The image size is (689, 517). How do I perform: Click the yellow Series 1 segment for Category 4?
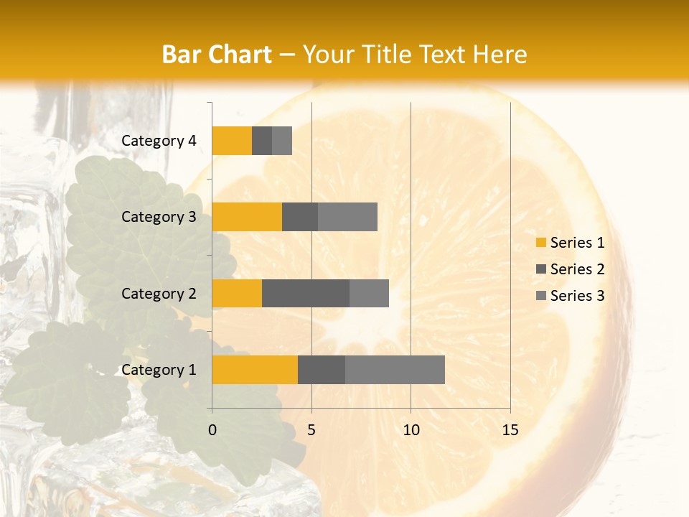coord(232,141)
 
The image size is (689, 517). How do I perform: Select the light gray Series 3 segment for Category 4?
coord(282,141)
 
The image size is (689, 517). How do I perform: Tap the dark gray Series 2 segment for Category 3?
coord(300,217)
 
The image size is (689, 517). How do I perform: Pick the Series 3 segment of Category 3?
coord(347,217)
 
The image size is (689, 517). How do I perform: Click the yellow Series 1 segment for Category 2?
coord(237,293)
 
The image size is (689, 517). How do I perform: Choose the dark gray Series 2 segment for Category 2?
coord(306,293)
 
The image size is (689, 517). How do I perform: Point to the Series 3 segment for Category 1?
coord(395,370)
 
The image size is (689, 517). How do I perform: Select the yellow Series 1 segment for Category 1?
coord(255,370)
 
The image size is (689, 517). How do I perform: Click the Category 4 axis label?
coord(159,141)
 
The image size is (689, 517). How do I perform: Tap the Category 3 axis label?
coord(159,217)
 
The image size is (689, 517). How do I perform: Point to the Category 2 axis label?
coord(159,293)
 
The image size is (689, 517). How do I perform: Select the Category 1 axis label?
coord(159,370)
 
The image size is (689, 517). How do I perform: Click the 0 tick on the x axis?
coord(212,430)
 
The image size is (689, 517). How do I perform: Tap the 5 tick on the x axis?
coord(311,430)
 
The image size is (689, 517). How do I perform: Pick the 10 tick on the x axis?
coord(411,430)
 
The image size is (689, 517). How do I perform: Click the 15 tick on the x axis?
coord(510,430)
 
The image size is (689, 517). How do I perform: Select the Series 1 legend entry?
coord(570,243)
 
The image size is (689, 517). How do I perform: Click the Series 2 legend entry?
coord(570,269)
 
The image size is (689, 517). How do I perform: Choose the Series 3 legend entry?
coord(570,296)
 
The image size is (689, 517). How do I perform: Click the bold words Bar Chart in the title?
coord(217,55)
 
